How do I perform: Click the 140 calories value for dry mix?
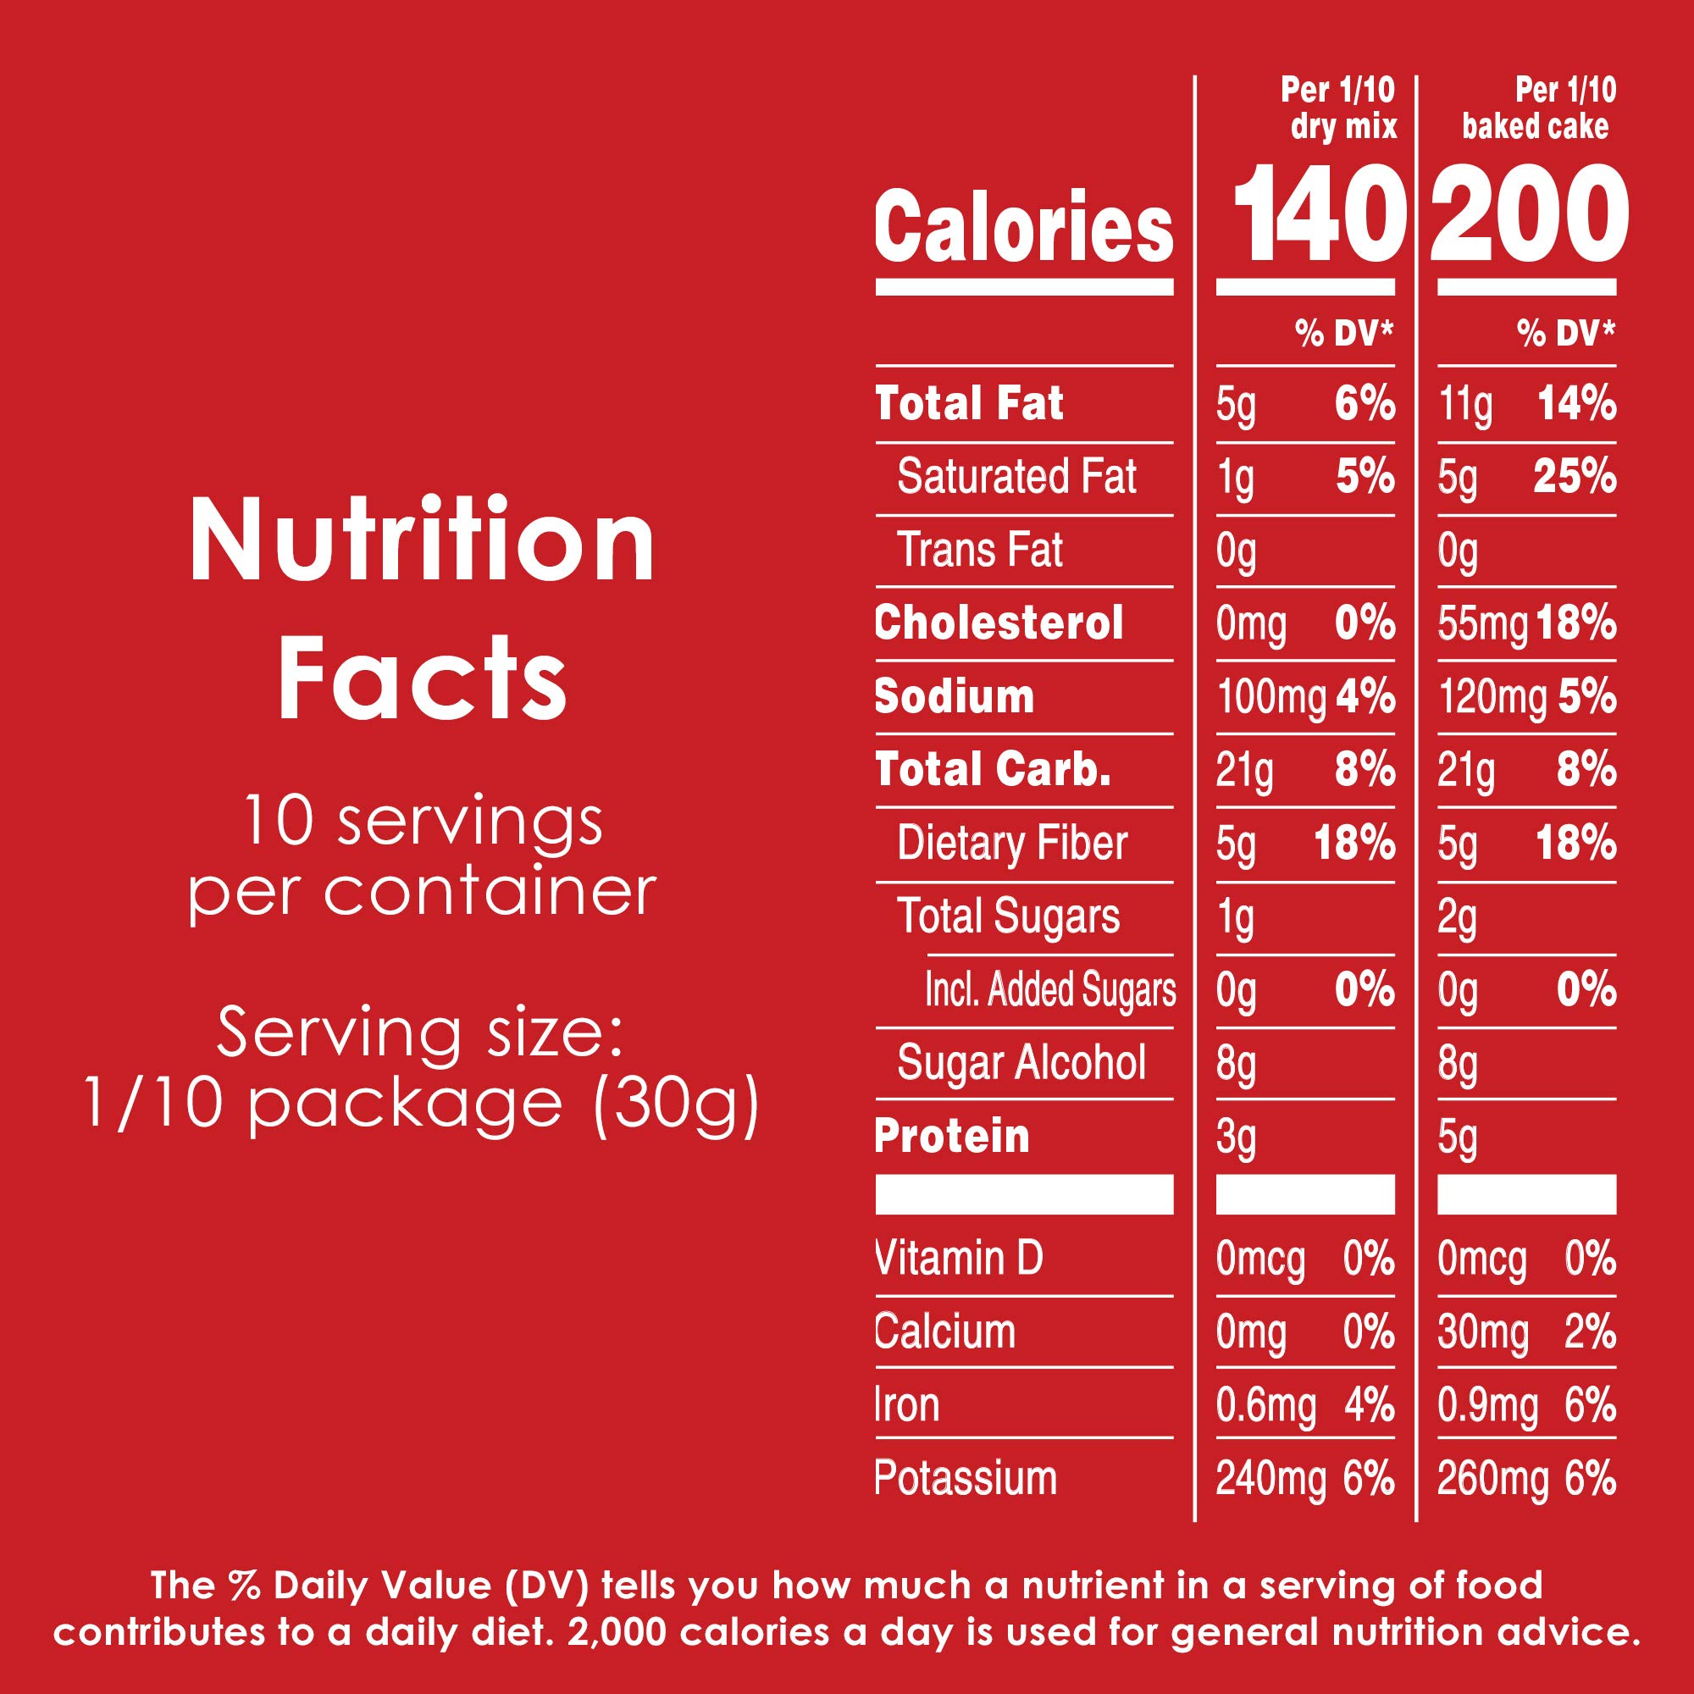pos(1312,215)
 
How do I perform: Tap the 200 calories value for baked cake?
pos(1529,215)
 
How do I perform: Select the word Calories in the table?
pos(1023,228)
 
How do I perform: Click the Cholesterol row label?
pos(999,623)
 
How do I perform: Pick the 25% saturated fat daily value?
pos(1575,478)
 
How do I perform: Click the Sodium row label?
pos(954,697)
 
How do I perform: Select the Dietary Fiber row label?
pos(1012,844)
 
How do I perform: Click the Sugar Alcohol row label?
pos(1021,1063)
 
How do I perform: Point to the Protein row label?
pos(952,1137)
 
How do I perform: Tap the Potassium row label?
pos(966,1479)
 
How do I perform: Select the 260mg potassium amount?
pos(1492,1480)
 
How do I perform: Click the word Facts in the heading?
pos(423,679)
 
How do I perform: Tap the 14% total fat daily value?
pos(1576,405)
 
